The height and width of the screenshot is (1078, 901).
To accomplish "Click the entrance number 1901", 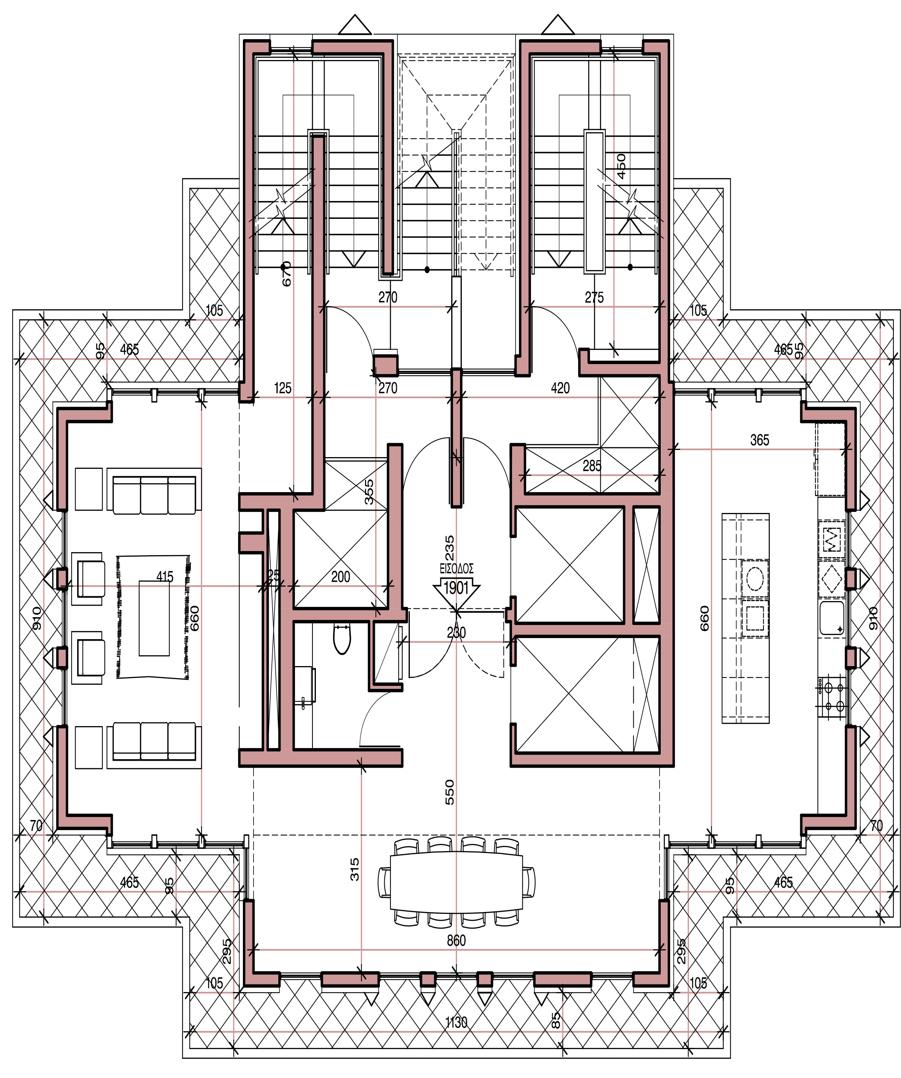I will (x=456, y=588).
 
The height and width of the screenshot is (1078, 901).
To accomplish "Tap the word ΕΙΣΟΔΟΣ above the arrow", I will (x=456, y=569).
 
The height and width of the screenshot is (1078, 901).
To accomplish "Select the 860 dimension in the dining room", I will (x=456, y=940).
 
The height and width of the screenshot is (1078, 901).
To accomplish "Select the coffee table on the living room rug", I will (x=154, y=618).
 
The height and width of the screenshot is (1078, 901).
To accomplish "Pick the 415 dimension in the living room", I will (x=164, y=577).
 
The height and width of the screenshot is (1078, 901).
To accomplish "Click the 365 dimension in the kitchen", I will (x=759, y=440).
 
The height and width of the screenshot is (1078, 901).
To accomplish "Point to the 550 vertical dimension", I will (x=449, y=792).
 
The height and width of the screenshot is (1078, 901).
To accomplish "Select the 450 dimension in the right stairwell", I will (x=621, y=166).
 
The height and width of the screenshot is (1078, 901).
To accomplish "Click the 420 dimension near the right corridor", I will (x=560, y=388).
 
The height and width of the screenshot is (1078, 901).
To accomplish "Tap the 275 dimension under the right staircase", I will (x=594, y=297).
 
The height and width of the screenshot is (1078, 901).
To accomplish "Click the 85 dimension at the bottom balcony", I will (x=556, y=1020).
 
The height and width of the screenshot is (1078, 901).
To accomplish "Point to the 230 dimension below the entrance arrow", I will (x=456, y=632).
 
